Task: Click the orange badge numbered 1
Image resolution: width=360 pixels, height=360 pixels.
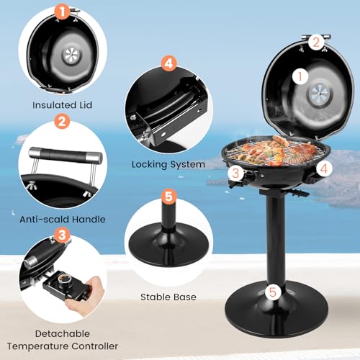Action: [x=63, y=12]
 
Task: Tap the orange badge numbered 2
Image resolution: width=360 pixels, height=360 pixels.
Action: [x=63, y=122]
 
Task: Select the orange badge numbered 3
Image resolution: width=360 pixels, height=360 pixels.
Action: [x=63, y=235]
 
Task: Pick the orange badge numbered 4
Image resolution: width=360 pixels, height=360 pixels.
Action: [x=168, y=63]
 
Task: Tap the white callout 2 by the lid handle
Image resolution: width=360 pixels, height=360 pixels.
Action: [x=315, y=42]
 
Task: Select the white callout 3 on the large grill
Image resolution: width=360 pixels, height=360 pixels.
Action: [x=235, y=173]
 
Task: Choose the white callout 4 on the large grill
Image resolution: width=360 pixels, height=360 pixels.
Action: [x=323, y=170]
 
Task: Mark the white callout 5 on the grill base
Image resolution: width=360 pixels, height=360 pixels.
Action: [x=273, y=292]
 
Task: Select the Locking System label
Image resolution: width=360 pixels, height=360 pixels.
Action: [x=168, y=164]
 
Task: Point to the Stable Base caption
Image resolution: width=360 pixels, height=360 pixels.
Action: [x=168, y=295]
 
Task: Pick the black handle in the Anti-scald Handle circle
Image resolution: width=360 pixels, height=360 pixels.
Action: [x=63, y=154]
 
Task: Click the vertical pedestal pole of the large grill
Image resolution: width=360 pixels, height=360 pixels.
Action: [x=274, y=238]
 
